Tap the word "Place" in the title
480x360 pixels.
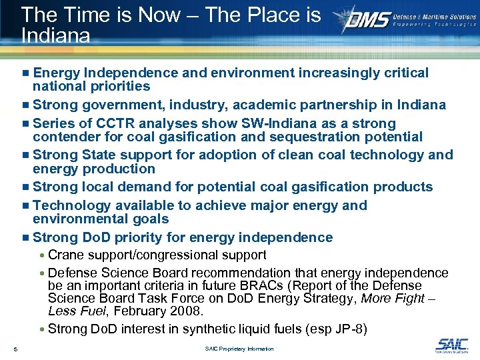coord(259,15)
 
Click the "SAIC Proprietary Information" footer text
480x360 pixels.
coord(239,349)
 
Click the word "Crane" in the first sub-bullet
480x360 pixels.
coord(65,255)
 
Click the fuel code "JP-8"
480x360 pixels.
coord(351,328)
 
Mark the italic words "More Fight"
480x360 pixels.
coord(393,298)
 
